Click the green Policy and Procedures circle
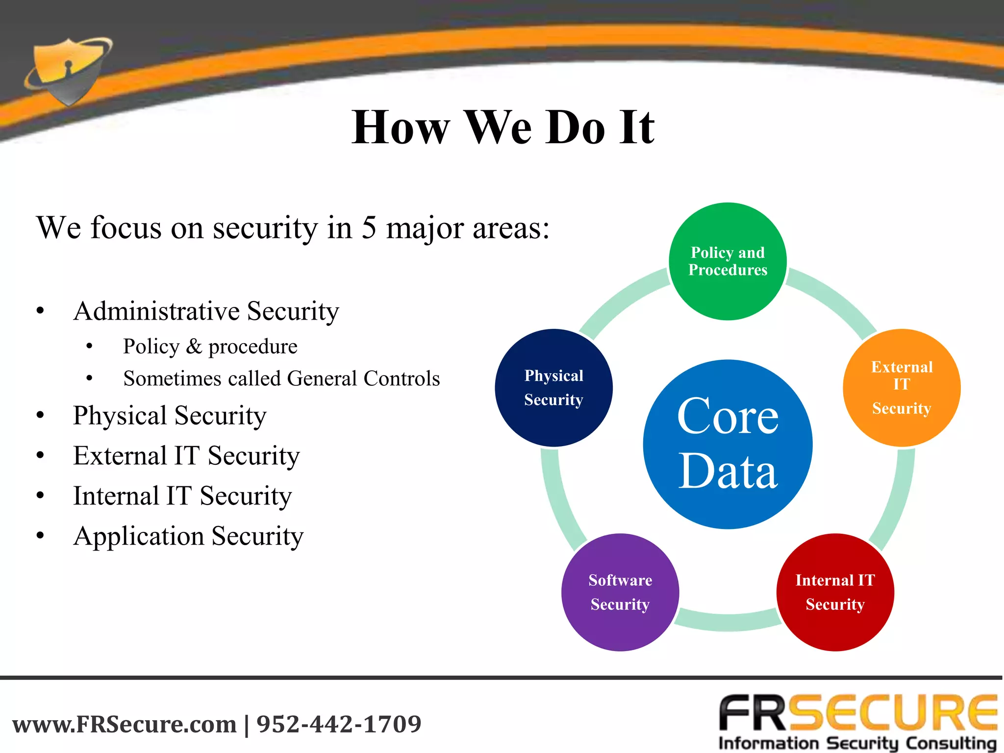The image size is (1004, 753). (728, 261)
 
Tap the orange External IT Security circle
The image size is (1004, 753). (901, 387)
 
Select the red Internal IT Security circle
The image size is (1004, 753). (835, 592)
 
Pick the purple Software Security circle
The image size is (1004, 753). (620, 592)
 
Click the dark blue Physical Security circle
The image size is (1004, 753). (553, 387)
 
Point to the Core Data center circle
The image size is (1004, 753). (728, 444)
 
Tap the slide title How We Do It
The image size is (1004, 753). (502, 127)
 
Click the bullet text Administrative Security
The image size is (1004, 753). (206, 311)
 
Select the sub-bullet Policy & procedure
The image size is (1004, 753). (210, 347)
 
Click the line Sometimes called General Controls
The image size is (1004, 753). (281, 378)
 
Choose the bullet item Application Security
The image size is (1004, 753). (188, 536)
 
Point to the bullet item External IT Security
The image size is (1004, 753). (186, 455)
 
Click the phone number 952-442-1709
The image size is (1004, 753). (339, 724)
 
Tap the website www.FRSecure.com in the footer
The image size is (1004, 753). (125, 724)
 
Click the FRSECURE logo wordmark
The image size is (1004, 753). (858, 713)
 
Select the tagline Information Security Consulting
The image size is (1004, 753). (857, 743)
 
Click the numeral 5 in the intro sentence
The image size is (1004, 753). (369, 228)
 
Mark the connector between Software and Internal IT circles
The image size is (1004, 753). (728, 621)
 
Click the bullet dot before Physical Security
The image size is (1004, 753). (40, 416)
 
